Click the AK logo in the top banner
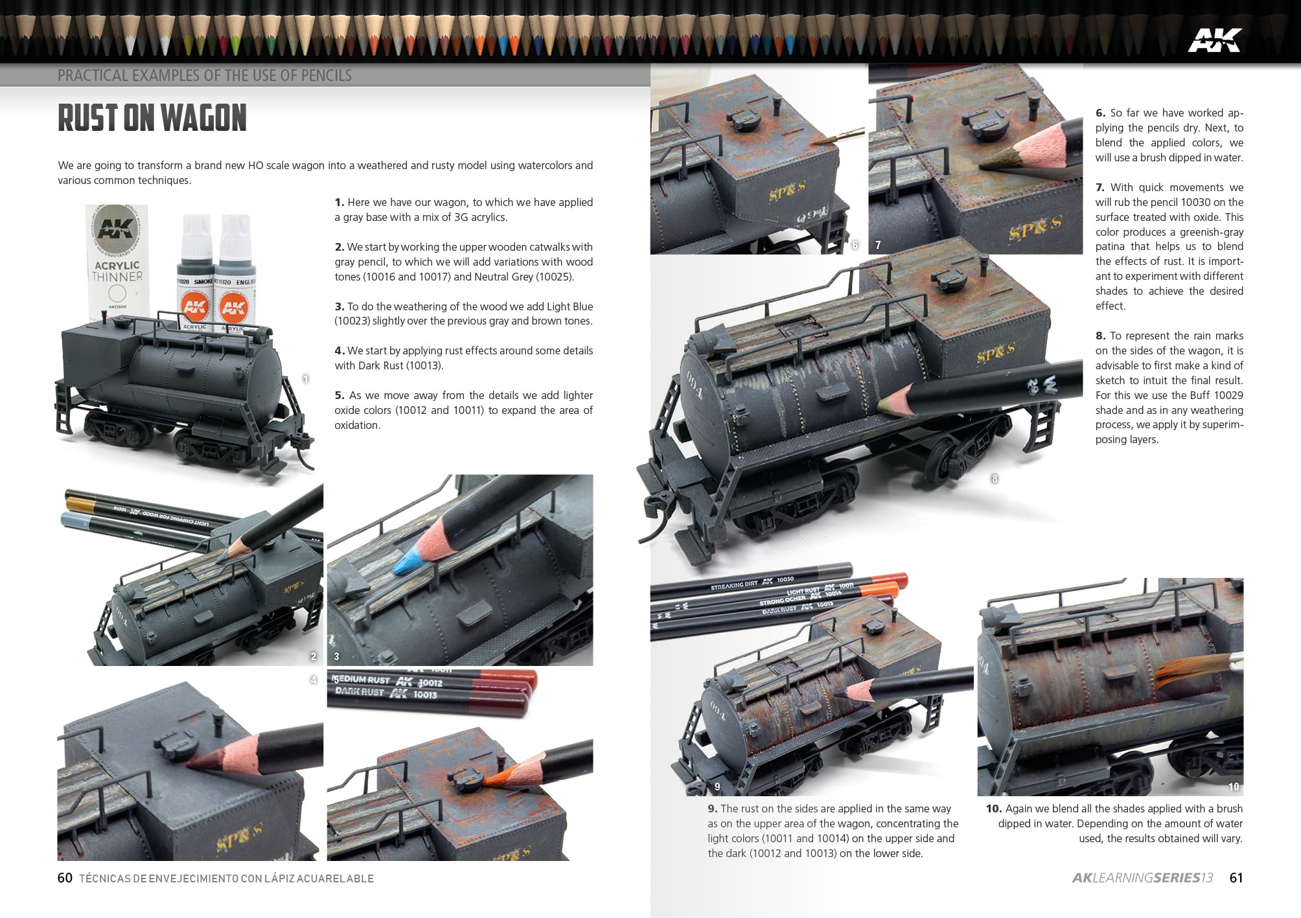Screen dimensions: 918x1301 [1214, 40]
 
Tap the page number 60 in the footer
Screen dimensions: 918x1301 [65, 878]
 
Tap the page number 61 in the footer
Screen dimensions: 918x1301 [1236, 878]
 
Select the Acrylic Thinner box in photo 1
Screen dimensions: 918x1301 [117, 259]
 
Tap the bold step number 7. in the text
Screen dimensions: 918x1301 [1100, 187]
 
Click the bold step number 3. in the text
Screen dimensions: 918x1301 [339, 306]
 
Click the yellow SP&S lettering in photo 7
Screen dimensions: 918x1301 [1035, 228]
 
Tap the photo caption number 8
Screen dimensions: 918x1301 [995, 479]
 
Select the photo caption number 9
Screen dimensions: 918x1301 [717, 786]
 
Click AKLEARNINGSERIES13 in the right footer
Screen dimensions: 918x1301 [1142, 878]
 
